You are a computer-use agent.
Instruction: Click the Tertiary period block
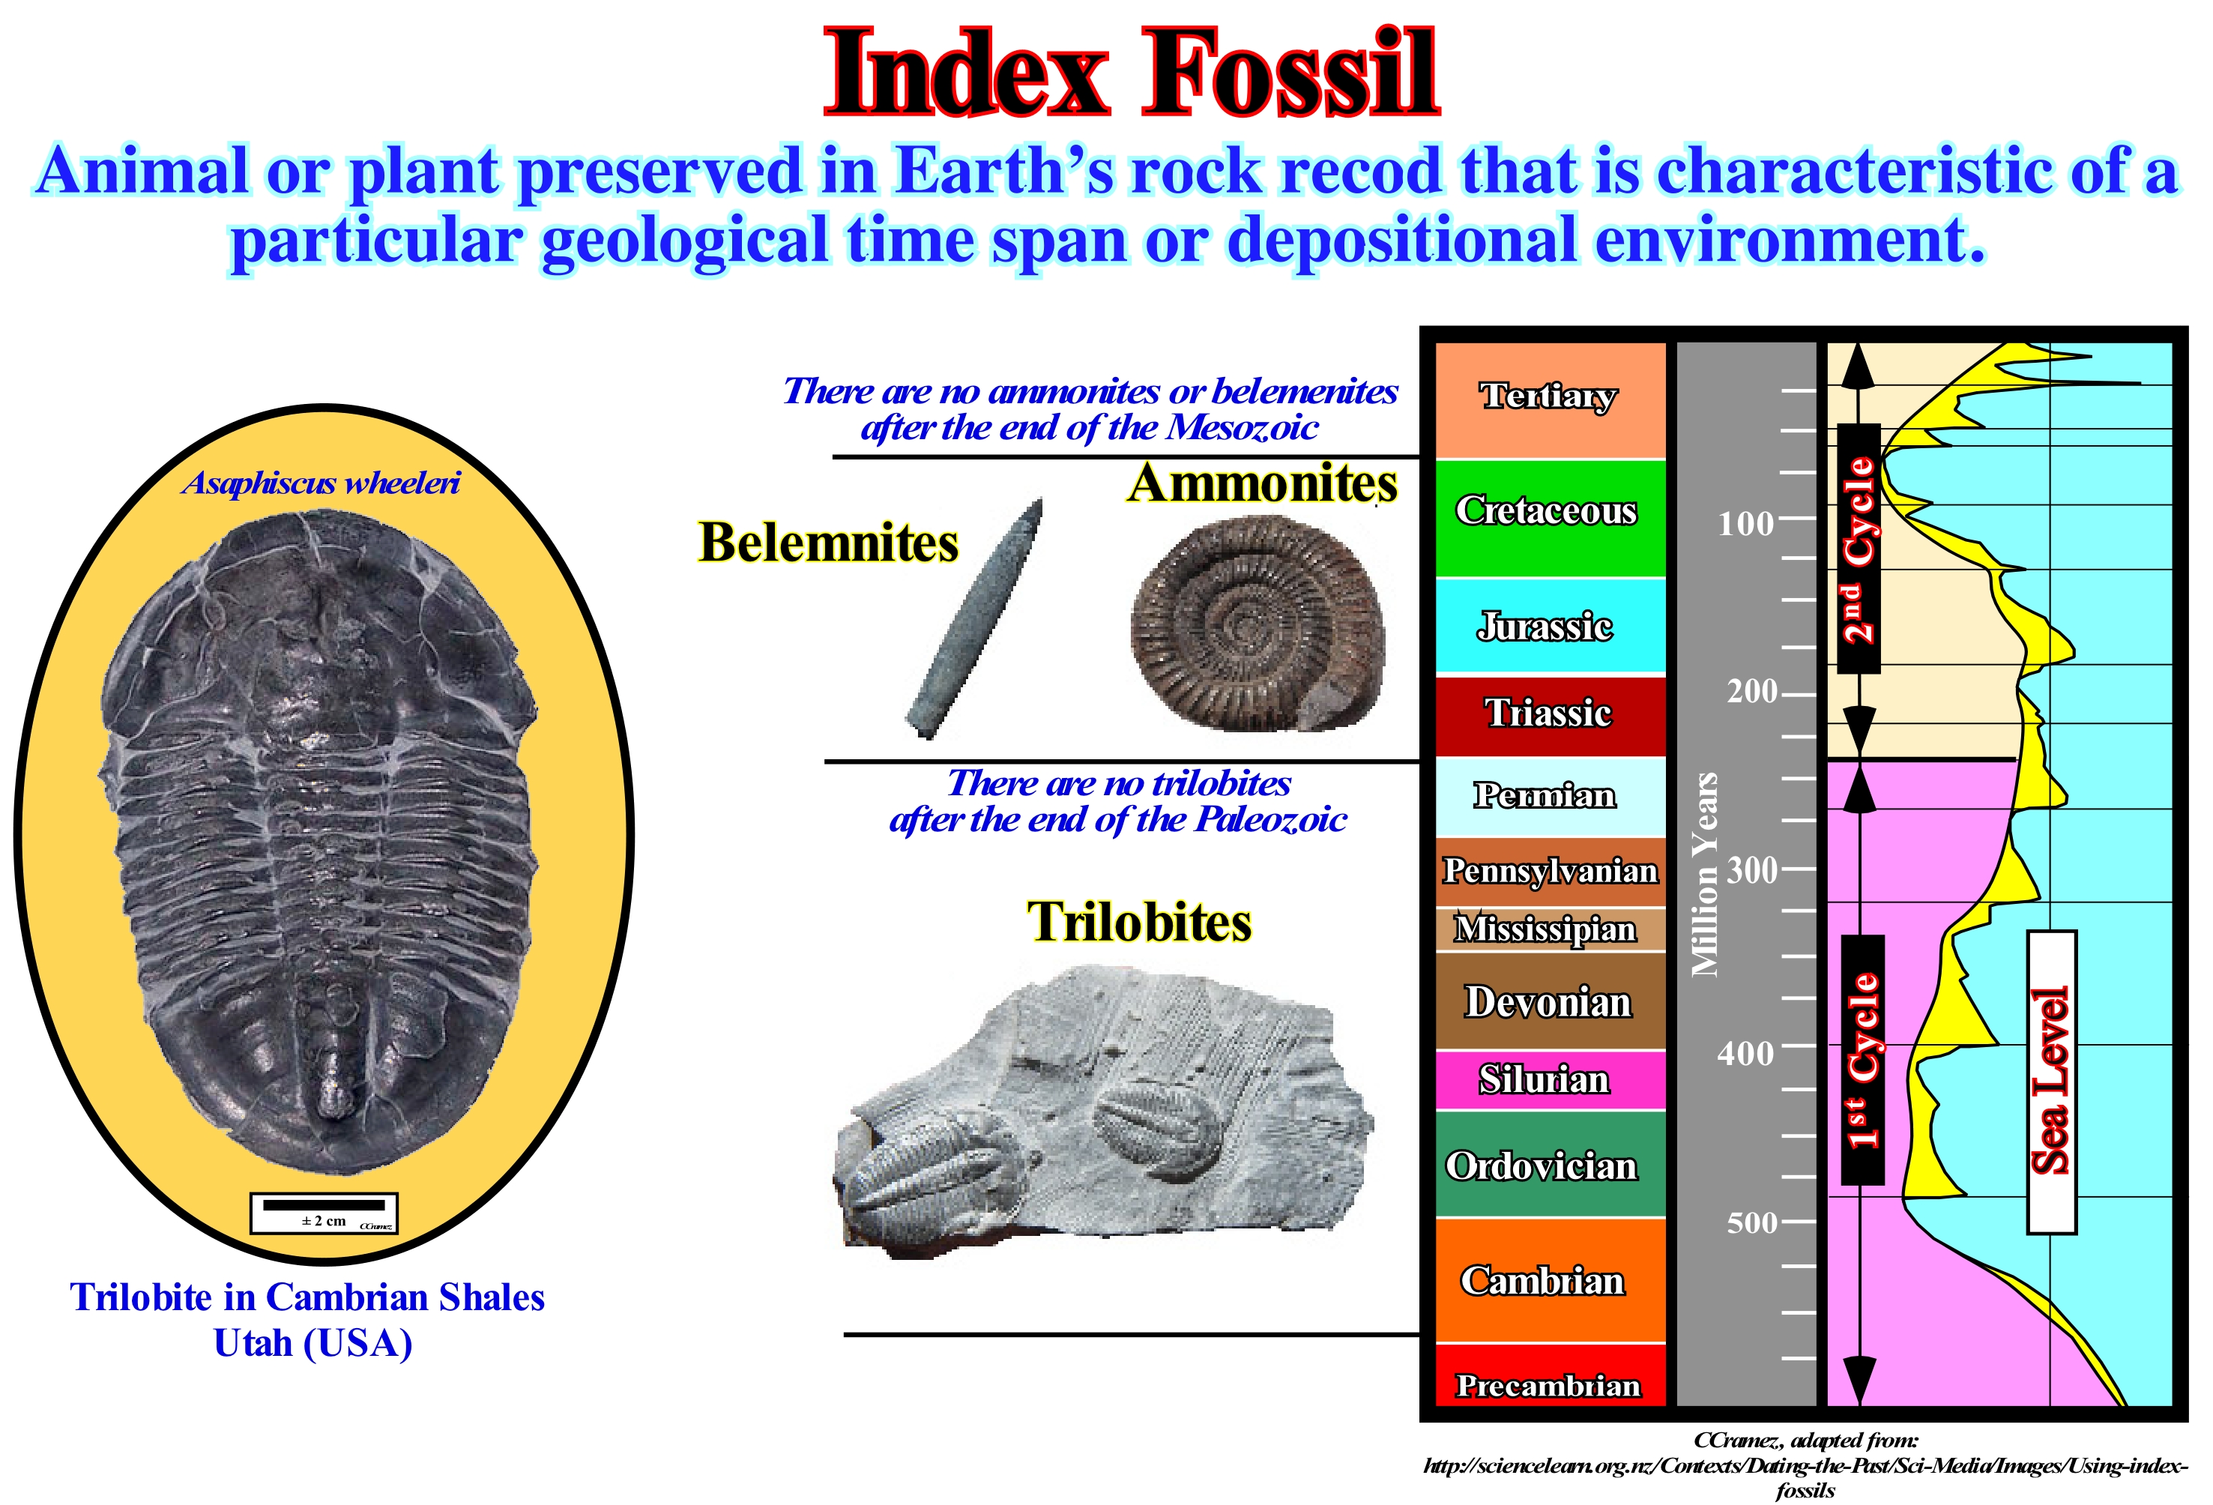point(1551,400)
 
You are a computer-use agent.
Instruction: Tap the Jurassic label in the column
point(1545,626)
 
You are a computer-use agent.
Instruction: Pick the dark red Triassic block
point(1551,715)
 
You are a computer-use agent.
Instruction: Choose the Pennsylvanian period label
point(1551,871)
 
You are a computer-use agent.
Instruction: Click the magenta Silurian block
point(1551,1080)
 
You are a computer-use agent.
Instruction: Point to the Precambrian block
point(1551,1375)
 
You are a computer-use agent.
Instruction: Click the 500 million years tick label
point(1752,1222)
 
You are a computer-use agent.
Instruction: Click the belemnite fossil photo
point(974,618)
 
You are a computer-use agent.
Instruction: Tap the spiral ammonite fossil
point(1257,624)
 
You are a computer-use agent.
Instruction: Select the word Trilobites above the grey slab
point(1139,922)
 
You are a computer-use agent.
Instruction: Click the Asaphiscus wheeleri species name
point(321,483)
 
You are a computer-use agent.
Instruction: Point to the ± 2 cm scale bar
point(324,1213)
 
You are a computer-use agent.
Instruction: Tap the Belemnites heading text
point(828,542)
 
